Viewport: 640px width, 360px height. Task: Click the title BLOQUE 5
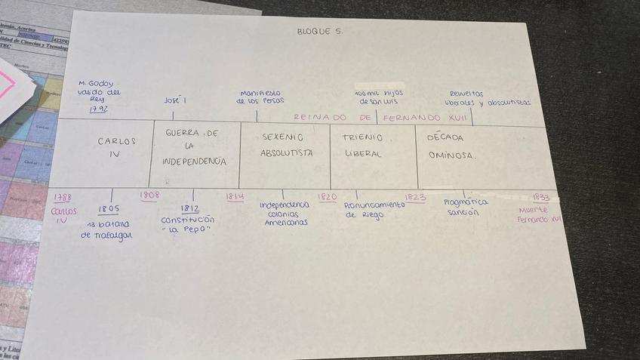[320, 31]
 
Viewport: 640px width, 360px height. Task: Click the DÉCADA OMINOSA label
[451, 146]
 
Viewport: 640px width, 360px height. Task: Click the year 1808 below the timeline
[149, 195]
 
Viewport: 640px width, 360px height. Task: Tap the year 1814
[235, 197]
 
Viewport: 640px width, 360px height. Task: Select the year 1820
[327, 197]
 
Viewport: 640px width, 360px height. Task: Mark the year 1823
[414, 198]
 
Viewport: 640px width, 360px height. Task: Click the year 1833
[540, 197]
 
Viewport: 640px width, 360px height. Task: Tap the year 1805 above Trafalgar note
[109, 209]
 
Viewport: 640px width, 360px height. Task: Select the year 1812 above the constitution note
[189, 209]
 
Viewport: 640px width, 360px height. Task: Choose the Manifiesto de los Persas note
[260, 97]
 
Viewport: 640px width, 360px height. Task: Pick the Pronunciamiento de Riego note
[374, 209]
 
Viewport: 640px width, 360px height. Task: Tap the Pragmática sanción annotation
[466, 207]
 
